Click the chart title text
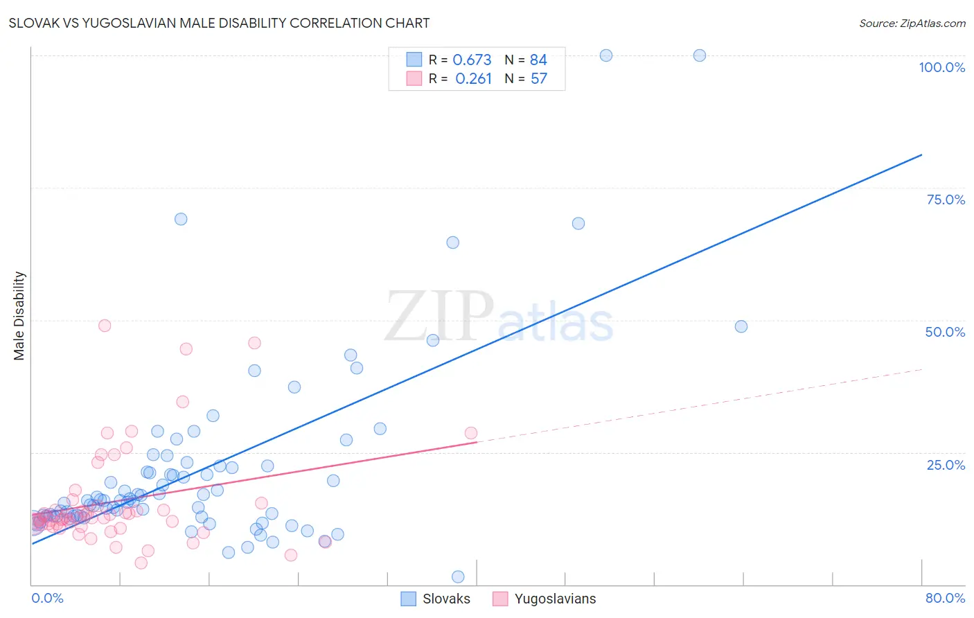coord(219,23)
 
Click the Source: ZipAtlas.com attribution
coord(912,23)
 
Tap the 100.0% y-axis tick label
coord(941,67)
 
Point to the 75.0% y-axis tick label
coord(946,200)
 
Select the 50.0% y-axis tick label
coord(945,332)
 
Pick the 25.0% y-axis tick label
coord(946,464)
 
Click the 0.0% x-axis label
coord(47,598)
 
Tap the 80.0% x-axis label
coord(945,598)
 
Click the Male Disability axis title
coord(19,315)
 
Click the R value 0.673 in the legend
coord(472,60)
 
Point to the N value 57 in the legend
coord(538,79)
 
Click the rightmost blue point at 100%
coord(700,55)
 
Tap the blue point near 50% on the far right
coord(741,326)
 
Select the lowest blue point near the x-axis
coord(458,577)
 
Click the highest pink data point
coord(105,326)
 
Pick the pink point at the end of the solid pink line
coord(471,433)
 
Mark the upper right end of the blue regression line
coord(921,154)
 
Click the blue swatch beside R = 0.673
coord(414,60)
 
